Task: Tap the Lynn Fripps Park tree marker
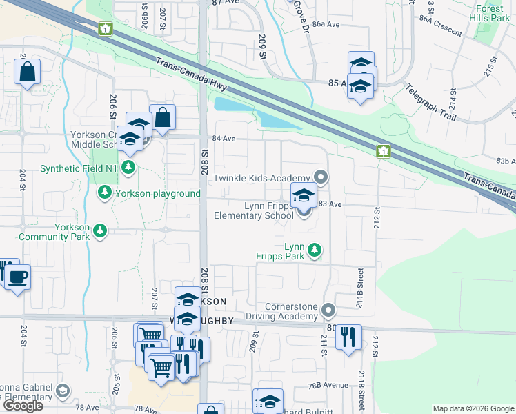tap(315, 248)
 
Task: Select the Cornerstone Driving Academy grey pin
tap(328, 310)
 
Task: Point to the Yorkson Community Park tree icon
tap(101, 230)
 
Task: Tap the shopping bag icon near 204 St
tap(27, 71)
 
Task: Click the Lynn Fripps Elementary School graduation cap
tap(304, 195)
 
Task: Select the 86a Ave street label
tap(326, 24)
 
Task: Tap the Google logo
tap(23, 406)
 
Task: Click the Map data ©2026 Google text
tap(473, 408)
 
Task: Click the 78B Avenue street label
tap(328, 385)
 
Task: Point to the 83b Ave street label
tap(506, 161)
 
